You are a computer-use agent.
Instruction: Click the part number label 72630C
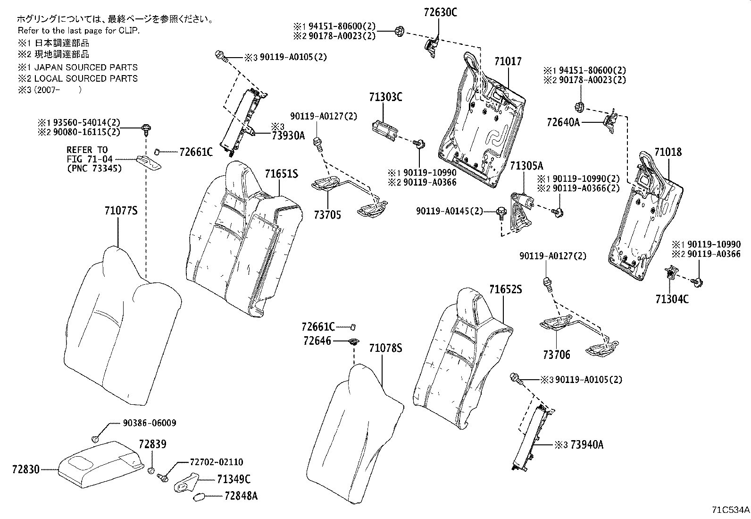coord(440,12)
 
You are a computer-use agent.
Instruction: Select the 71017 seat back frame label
coord(508,61)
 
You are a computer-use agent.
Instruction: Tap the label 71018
coord(668,152)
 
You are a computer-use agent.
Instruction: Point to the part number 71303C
coord(385,97)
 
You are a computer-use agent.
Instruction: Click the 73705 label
coord(327,215)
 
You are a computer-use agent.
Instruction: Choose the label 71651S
coord(281,174)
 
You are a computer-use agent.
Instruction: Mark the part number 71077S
coord(121,211)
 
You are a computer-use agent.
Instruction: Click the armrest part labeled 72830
coord(101,464)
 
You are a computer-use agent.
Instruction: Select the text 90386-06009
coord(150,423)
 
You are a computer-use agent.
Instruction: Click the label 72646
coord(317,341)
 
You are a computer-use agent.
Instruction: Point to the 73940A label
coord(587,445)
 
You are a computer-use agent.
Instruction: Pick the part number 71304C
coord(672,299)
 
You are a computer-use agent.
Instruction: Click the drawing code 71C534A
coord(731,510)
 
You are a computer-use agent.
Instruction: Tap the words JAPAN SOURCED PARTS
coord(86,67)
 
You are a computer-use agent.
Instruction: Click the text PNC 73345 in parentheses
coord(94,168)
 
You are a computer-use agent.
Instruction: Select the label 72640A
coord(563,122)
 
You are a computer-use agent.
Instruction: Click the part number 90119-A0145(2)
coord(449,211)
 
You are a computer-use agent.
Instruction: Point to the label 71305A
coord(527,166)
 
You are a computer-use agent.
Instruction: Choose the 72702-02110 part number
coord(216,462)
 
